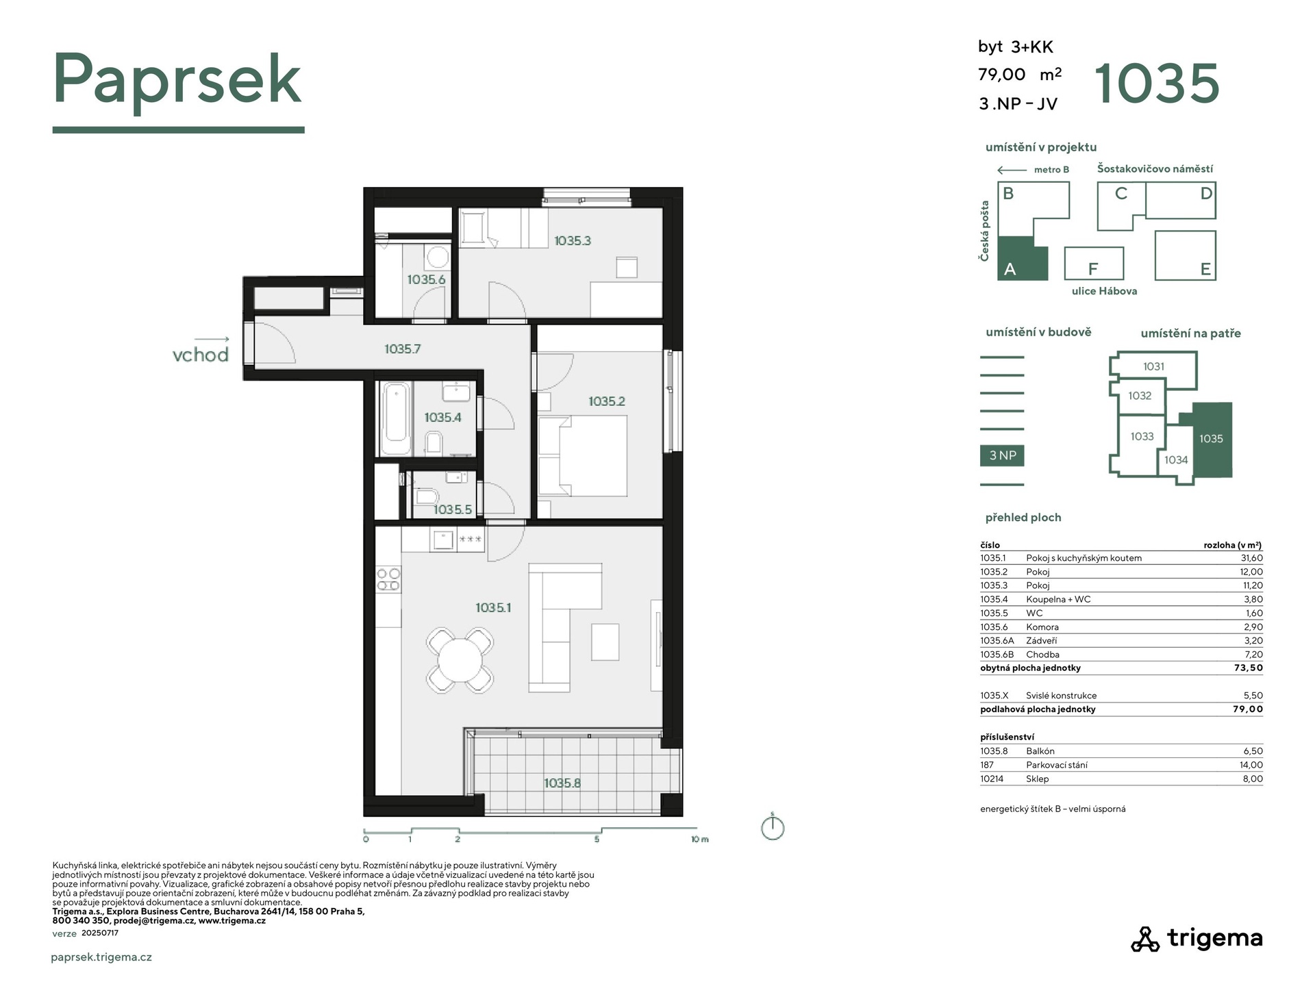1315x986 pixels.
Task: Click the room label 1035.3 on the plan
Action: [x=572, y=240]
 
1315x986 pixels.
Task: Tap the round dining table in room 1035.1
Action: [x=460, y=659]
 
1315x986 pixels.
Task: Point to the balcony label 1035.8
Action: [x=562, y=783]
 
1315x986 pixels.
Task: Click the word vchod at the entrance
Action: [x=200, y=354]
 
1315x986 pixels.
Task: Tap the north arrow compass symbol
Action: [x=773, y=826]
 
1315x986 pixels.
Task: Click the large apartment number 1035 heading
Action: [x=1157, y=84]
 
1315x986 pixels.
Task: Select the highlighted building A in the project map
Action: [x=1022, y=259]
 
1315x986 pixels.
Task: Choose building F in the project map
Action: [x=1094, y=264]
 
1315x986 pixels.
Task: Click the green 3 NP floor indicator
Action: [x=1002, y=455]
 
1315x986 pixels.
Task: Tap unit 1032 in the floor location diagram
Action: [x=1140, y=396]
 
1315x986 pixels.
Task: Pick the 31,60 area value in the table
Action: [x=1252, y=558]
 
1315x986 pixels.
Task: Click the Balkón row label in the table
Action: [x=1040, y=751]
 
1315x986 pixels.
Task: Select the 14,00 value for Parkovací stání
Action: [x=1251, y=765]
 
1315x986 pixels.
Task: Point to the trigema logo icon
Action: [x=1145, y=939]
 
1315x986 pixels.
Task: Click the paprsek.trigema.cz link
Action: [x=101, y=957]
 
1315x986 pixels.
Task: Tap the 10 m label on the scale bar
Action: [x=699, y=839]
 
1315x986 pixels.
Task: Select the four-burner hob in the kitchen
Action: [x=388, y=579]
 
